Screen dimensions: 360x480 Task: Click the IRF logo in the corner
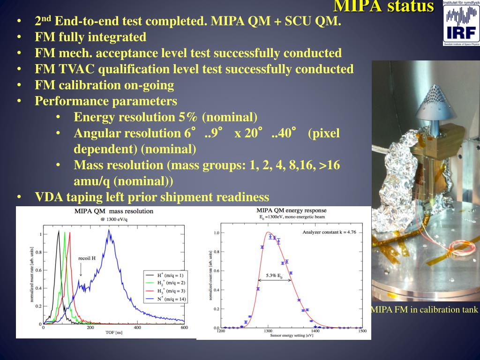click(461, 23)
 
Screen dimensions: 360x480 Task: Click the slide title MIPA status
click(383, 7)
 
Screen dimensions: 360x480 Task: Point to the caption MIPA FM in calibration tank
click(424, 309)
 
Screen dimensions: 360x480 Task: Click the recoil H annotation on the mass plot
click(87, 258)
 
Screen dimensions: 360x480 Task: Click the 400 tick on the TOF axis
click(137, 328)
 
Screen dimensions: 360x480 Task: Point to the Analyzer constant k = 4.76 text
click(330, 232)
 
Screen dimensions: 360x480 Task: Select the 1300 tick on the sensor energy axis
click(268, 331)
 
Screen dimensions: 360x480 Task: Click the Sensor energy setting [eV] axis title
click(291, 336)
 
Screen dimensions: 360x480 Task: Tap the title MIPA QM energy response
click(291, 210)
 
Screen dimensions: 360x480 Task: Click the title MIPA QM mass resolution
click(114, 211)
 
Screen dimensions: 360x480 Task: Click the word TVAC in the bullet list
click(77, 69)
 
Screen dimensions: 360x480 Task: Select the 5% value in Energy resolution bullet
click(188, 117)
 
